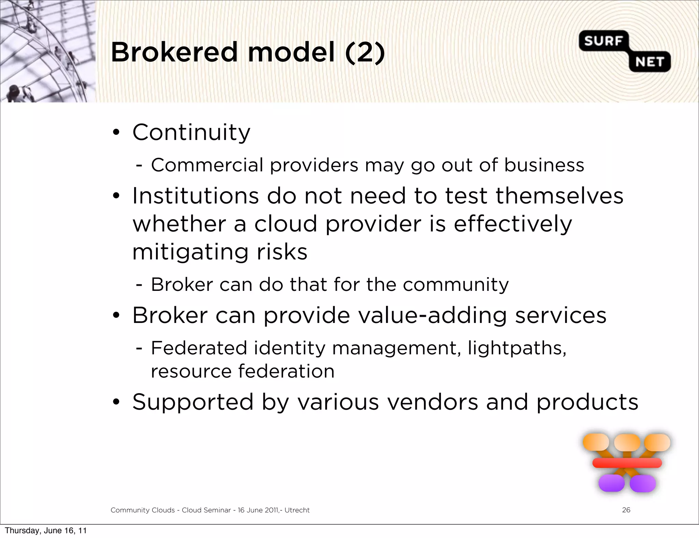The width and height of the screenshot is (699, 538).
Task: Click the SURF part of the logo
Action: tap(603, 41)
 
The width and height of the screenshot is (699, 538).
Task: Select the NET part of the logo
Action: tap(650, 62)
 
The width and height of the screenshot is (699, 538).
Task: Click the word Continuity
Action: tap(191, 132)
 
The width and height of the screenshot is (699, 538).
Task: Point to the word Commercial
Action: tap(207, 165)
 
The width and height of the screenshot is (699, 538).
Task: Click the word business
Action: tap(544, 165)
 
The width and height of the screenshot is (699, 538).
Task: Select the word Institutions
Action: tap(196, 196)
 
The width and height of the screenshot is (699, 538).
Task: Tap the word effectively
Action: tap(513, 225)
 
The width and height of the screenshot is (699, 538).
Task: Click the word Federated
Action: tap(199, 348)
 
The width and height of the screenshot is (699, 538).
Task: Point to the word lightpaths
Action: tap(517, 348)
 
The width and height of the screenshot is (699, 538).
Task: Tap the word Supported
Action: tap(193, 402)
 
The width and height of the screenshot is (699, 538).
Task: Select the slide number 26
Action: tap(626, 510)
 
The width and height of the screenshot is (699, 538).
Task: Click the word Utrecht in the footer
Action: tap(297, 510)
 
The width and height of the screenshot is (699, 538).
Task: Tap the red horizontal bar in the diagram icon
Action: tap(627, 463)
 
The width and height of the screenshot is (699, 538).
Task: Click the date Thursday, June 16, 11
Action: tap(46, 530)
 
